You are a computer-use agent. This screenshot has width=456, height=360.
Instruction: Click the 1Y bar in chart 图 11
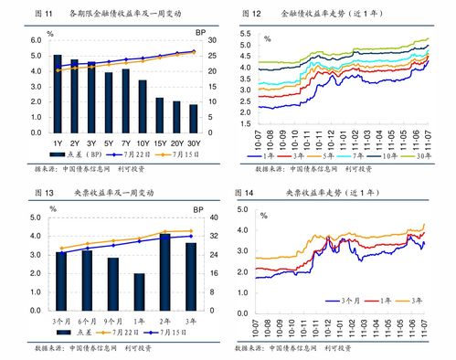click(58, 95)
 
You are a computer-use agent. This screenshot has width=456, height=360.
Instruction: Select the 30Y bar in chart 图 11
click(193, 120)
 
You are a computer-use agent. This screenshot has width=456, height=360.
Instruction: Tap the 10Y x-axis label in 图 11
click(143, 143)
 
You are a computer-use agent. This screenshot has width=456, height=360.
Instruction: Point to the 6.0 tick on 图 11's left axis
click(35, 41)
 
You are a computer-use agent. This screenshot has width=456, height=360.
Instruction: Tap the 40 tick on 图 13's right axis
click(200, 217)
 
